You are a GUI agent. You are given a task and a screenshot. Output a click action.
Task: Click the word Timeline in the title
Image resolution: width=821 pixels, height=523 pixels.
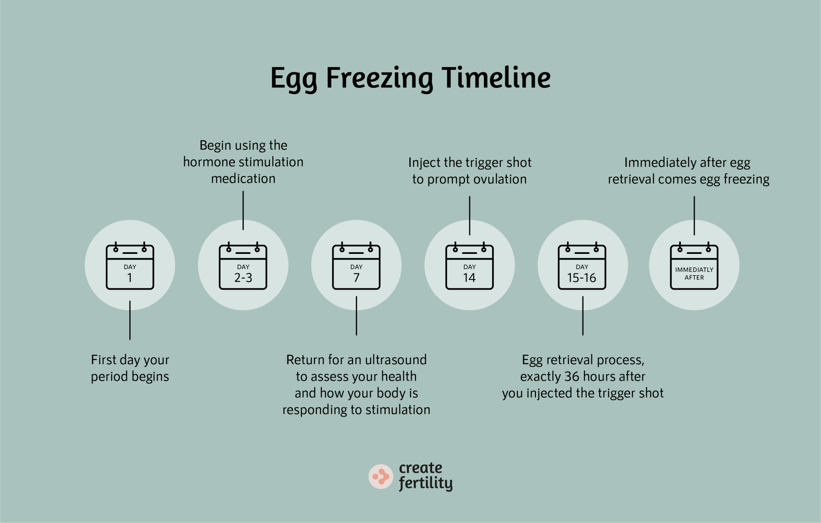(x=496, y=78)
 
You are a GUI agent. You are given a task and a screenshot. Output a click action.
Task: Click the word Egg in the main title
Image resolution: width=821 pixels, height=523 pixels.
(x=293, y=79)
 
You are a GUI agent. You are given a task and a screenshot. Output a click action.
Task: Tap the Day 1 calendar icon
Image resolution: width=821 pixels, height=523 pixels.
(x=130, y=266)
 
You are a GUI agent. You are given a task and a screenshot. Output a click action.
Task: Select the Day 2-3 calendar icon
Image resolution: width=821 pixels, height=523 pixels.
(x=243, y=266)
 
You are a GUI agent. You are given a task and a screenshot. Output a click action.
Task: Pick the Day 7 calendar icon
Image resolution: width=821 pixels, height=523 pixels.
(x=356, y=266)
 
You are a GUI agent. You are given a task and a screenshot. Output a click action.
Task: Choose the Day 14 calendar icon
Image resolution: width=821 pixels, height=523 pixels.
(x=469, y=266)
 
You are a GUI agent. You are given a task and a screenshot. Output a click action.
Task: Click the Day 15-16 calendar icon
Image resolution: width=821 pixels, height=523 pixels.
(x=582, y=266)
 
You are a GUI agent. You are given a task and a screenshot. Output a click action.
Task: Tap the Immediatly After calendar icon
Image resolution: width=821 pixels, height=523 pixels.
(x=694, y=266)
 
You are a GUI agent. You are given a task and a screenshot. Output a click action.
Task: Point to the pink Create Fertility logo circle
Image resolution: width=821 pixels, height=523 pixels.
(x=380, y=476)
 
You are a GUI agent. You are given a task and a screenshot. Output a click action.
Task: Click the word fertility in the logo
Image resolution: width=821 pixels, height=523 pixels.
(x=426, y=483)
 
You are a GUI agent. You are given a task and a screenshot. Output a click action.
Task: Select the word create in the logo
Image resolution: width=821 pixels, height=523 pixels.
(x=421, y=468)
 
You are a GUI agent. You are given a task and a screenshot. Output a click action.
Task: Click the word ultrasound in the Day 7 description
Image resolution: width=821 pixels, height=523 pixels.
(x=396, y=360)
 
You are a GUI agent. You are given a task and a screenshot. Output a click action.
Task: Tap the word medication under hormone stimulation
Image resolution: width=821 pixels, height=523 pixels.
(x=243, y=178)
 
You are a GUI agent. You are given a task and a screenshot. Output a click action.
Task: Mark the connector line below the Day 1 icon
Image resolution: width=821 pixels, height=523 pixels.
(x=130, y=320)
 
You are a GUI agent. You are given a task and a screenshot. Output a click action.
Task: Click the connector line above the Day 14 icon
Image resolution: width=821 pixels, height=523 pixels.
(x=469, y=215)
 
